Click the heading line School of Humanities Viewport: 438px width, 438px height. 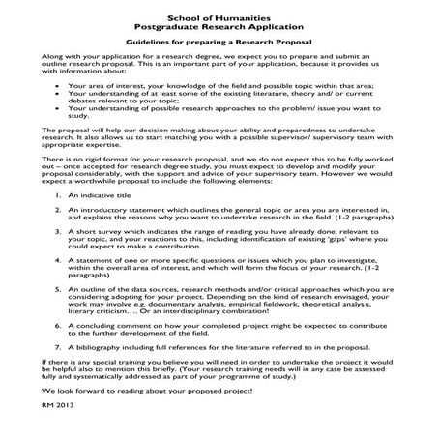coord(218,19)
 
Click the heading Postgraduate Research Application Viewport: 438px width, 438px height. coord(218,29)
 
